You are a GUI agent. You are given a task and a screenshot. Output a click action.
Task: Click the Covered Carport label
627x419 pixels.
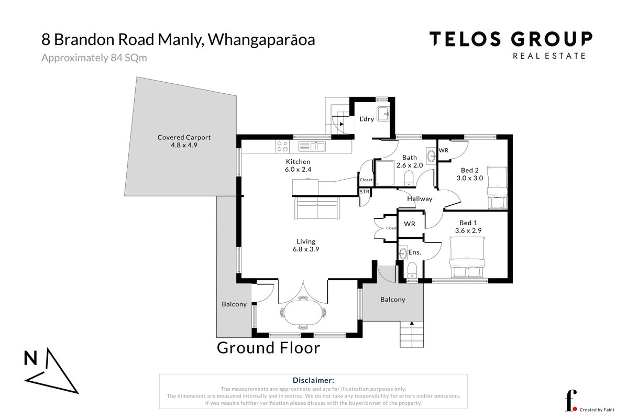click(184, 141)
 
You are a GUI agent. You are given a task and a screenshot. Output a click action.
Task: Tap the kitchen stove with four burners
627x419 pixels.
click(282, 146)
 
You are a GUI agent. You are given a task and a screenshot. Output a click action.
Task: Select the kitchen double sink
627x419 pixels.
click(312, 146)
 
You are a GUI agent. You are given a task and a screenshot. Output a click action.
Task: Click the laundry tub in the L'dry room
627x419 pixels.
click(383, 114)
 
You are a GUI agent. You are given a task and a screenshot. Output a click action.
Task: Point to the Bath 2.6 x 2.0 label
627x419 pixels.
click(410, 161)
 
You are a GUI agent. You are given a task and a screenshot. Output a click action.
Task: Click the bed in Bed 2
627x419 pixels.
click(497, 188)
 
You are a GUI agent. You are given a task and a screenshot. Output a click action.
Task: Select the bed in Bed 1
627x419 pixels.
click(467, 257)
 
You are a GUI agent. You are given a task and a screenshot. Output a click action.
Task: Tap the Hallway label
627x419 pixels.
click(420, 199)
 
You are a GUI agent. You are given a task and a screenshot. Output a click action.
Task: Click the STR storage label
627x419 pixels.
click(364, 192)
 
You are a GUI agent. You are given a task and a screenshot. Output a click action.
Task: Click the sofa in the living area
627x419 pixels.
click(317, 208)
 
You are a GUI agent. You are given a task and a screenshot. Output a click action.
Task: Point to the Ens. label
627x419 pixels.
click(415, 252)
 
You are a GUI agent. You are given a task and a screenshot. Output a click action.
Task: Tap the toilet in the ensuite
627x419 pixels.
click(412, 270)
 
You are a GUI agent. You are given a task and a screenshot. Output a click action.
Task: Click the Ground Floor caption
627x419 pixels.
click(268, 348)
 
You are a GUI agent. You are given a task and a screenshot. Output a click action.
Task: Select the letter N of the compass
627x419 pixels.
click(30, 358)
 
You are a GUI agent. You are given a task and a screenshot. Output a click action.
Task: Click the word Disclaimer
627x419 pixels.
click(313, 380)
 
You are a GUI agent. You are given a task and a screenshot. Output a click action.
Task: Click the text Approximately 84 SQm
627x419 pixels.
click(94, 58)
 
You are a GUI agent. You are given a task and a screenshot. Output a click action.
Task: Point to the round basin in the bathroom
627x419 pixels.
click(432, 156)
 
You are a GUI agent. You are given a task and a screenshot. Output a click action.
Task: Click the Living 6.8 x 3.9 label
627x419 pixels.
click(306, 245)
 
